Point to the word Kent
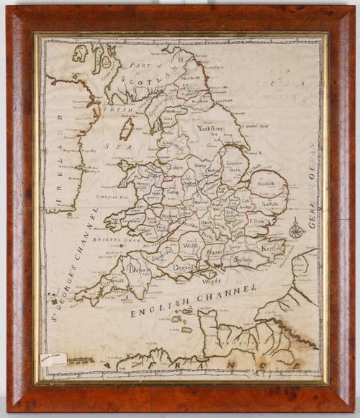[x=267, y=247]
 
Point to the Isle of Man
[x=127, y=130]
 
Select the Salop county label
[x=172, y=194]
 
